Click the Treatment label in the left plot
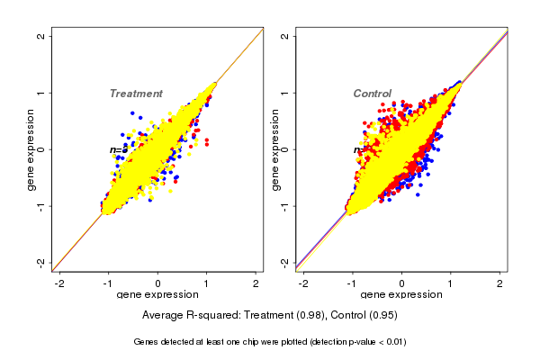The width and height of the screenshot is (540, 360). click(136, 94)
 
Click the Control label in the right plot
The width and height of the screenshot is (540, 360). click(372, 94)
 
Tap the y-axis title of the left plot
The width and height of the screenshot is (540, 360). click(32, 149)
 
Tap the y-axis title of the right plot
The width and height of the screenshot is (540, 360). click(276, 149)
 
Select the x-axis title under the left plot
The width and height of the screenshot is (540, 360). click(157, 295)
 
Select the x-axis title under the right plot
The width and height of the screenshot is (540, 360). click(401, 295)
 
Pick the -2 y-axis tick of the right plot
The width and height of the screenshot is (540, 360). click(285, 262)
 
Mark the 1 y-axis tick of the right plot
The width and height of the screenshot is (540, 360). click(285, 93)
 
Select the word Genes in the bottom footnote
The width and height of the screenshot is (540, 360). click(148, 342)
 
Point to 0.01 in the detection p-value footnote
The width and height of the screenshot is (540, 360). click(393, 342)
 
